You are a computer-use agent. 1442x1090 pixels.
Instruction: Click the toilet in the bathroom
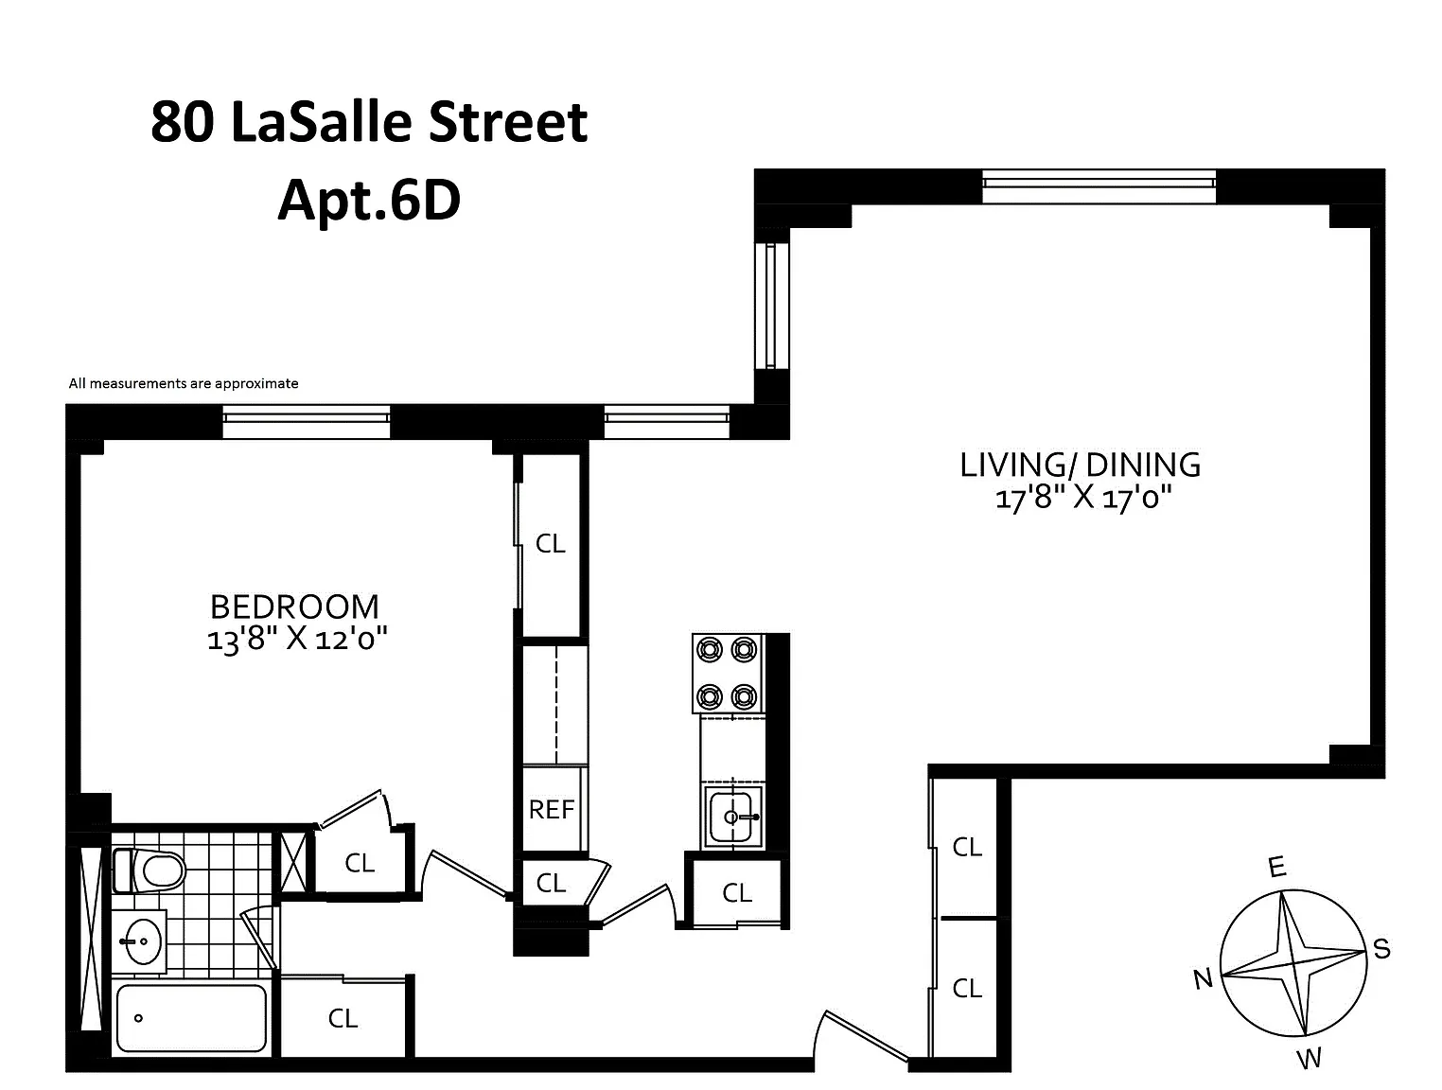pos(149,870)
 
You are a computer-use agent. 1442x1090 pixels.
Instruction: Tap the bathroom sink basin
pos(141,941)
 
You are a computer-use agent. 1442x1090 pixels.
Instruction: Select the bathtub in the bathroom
pos(191,1018)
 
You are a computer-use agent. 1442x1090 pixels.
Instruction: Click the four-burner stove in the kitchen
pos(728,673)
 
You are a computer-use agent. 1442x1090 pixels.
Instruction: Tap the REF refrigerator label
pos(552,810)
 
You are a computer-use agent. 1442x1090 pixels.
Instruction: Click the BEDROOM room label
pos(294,607)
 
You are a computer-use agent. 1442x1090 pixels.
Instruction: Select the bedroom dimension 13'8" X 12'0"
pos(297,639)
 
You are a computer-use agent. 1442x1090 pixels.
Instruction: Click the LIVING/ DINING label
pos(1080,465)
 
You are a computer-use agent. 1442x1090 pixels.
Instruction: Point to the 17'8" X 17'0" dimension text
pos(1083,498)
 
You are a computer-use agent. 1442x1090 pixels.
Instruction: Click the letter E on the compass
pos(1276,867)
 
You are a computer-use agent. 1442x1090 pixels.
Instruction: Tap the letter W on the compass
pos(1309,1059)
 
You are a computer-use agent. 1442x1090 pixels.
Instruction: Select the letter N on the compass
pos(1203,979)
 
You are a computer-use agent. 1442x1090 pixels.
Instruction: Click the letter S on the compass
pos(1381,948)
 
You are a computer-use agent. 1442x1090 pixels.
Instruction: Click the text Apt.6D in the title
pos(369,201)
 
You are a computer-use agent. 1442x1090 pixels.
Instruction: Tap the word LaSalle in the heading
pos(322,122)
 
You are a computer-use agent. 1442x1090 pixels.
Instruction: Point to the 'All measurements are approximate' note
pos(184,383)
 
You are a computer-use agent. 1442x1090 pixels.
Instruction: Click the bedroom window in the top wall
pos(307,422)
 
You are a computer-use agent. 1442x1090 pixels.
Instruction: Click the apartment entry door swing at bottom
pos(861,1035)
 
